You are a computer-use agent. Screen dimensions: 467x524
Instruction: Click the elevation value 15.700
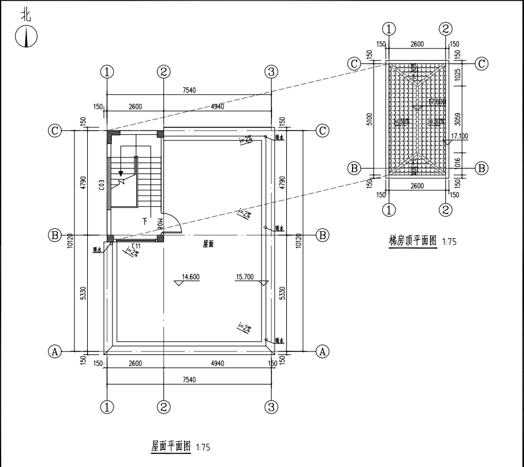pos(244,276)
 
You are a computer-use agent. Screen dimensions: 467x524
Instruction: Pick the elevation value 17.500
pos(437,102)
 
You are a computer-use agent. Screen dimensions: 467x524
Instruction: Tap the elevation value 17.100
pos(459,136)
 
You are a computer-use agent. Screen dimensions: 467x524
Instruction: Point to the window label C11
pos(136,245)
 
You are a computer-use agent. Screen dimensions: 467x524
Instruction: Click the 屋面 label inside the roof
pos(209,244)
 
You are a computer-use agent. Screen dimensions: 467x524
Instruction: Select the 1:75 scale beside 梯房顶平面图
pos(449,242)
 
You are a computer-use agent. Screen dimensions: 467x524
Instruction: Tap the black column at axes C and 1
pos(111,134)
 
